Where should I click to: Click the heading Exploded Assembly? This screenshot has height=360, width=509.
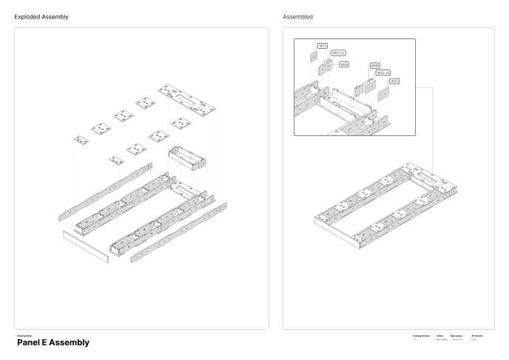[x=42, y=16]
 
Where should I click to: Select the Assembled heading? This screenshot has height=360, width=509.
[x=297, y=16]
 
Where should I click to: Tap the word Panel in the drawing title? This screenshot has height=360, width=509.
[x=27, y=343]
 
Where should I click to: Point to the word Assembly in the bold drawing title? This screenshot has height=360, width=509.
[x=68, y=343]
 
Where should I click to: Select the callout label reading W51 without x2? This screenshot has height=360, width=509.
[x=323, y=46]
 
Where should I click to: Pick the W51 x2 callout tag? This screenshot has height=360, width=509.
[x=339, y=53]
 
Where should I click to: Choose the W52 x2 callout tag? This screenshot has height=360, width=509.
[x=383, y=72]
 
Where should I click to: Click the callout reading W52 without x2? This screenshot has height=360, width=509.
[x=394, y=81]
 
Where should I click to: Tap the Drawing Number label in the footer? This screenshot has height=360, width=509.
[x=420, y=336]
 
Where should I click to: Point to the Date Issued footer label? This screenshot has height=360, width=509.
[x=457, y=336]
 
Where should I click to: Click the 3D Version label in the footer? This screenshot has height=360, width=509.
[x=476, y=336]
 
